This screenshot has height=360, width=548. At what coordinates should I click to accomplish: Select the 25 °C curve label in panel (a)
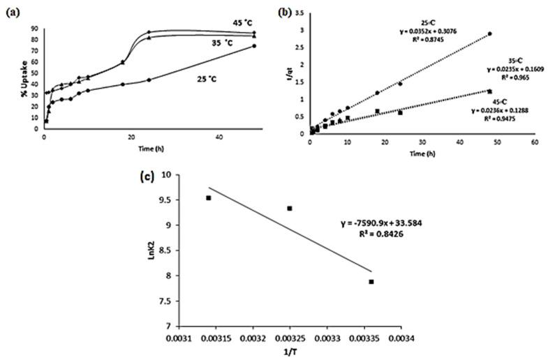click(x=209, y=80)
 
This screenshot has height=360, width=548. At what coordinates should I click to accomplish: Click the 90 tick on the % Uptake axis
click(x=36, y=29)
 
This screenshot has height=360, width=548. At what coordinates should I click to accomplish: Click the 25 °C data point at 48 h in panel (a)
click(x=254, y=46)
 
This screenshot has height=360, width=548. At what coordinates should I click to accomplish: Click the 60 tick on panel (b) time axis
click(x=534, y=142)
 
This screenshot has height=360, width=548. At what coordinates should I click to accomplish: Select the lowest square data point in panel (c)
click(x=371, y=282)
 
